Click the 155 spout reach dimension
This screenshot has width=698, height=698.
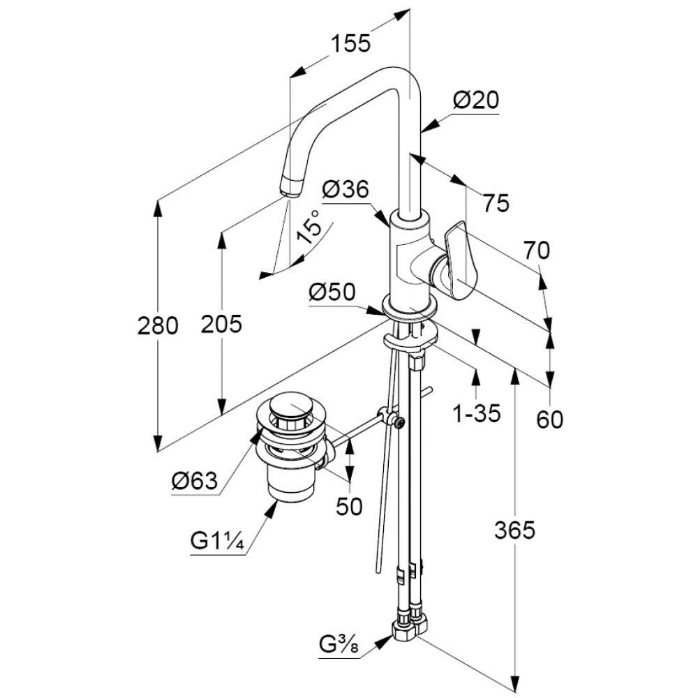pyautogui.click(x=350, y=43)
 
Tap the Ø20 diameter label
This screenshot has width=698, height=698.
pyautogui.click(x=475, y=101)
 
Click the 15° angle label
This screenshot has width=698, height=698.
pyautogui.click(x=310, y=227)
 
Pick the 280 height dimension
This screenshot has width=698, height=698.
pyautogui.click(x=158, y=325)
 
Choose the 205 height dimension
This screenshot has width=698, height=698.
pyautogui.click(x=221, y=323)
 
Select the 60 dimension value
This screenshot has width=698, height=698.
pyautogui.click(x=550, y=419)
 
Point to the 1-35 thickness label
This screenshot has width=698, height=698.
pyautogui.click(x=477, y=415)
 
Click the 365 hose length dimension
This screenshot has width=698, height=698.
pyautogui.click(x=514, y=530)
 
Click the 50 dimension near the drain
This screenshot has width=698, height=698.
pyautogui.click(x=349, y=507)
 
